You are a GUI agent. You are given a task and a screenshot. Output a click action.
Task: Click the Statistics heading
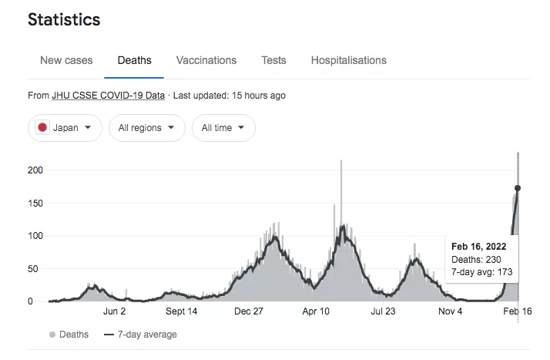click(64, 19)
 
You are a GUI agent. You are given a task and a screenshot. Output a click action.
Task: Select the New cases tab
click(66, 60)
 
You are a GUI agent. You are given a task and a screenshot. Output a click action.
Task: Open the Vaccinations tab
click(206, 60)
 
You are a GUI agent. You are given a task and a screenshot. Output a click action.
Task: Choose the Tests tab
click(273, 60)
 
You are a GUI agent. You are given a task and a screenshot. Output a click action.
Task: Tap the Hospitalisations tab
click(349, 60)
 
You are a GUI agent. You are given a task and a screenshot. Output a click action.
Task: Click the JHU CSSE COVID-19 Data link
click(108, 96)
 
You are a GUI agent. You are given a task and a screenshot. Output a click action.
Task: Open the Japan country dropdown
click(65, 128)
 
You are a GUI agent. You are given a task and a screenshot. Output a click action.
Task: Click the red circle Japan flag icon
click(42, 127)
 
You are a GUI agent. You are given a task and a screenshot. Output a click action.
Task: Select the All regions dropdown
click(146, 128)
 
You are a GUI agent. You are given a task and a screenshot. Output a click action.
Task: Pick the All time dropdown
click(223, 128)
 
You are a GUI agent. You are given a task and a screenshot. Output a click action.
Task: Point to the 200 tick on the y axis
click(35, 170)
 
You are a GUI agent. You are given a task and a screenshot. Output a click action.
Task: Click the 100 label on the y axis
click(35, 236)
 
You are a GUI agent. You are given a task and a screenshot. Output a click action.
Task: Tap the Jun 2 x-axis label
click(114, 311)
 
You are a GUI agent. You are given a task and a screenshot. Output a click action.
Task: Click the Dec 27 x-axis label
click(248, 311)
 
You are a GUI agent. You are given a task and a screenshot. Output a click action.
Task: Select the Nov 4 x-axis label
click(450, 311)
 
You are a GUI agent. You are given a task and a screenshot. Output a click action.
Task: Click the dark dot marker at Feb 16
click(518, 188)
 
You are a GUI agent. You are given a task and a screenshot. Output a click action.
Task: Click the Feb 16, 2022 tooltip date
click(479, 247)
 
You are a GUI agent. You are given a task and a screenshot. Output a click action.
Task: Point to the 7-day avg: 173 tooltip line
click(481, 272)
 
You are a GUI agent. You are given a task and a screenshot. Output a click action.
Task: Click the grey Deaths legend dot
click(52, 335)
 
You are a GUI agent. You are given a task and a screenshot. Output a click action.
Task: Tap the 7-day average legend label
click(147, 335)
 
